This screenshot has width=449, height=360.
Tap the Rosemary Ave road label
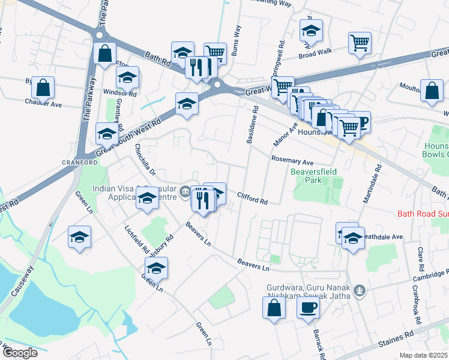[x=292, y=161]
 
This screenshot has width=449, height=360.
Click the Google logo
[x=19, y=352]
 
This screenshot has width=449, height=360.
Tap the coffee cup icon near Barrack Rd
[x=309, y=308]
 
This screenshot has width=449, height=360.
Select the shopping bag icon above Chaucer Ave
[x=43, y=88]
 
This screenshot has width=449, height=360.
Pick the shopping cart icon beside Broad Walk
[x=360, y=43]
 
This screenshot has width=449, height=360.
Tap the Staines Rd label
[x=396, y=343]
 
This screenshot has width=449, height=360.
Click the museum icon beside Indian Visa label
[x=186, y=193]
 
